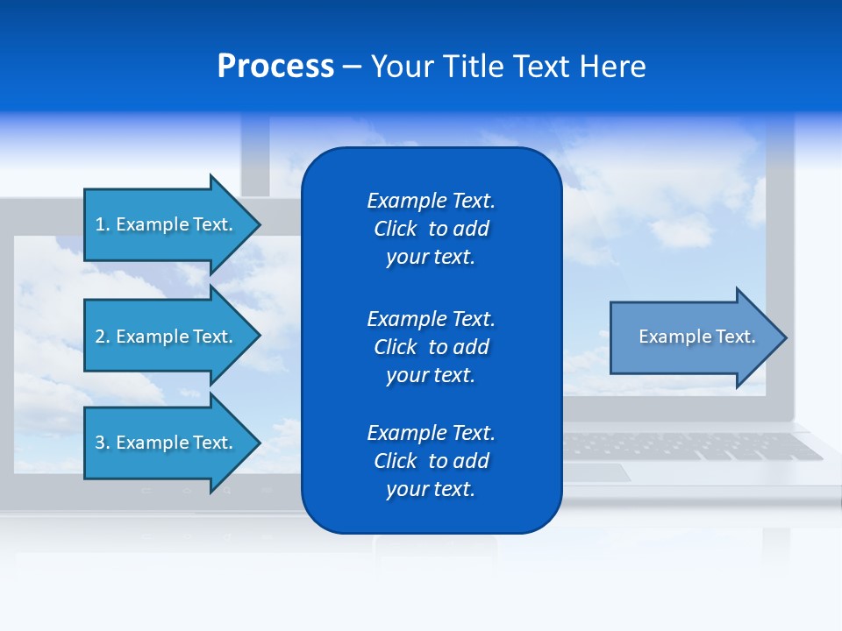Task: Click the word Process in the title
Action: [275, 67]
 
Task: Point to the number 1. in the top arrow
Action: [103, 224]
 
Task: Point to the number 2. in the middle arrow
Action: [103, 337]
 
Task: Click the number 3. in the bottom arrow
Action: [103, 443]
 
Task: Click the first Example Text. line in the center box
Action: [431, 201]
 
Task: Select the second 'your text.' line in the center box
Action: [431, 375]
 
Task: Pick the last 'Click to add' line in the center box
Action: [431, 461]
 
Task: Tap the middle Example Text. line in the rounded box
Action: [431, 319]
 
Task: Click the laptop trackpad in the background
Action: [596, 472]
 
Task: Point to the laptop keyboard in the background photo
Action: [693, 446]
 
